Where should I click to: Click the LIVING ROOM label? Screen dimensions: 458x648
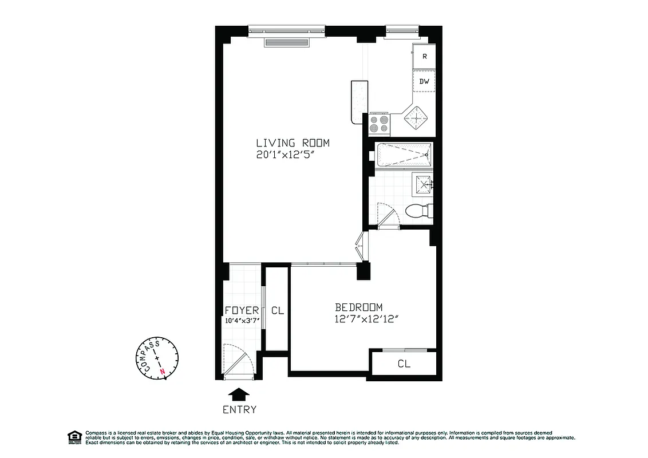[293, 143]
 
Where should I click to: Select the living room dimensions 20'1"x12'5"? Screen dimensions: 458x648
[293, 155]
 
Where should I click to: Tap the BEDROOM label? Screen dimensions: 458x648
[359, 307]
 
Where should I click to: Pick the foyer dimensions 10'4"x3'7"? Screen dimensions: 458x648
[243, 321]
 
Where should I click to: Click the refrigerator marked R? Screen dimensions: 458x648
[424, 56]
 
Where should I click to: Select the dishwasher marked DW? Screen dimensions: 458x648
[424, 81]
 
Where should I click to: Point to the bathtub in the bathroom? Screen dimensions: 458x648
[404, 155]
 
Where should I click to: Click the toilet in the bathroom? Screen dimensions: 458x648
[418, 211]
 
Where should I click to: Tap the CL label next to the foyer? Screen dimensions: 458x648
[278, 311]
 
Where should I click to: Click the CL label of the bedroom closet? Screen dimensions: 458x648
[404, 364]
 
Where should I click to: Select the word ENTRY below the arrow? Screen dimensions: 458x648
[239, 409]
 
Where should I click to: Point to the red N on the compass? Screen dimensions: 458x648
[164, 371]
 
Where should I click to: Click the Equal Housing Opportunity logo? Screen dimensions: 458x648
[73, 436]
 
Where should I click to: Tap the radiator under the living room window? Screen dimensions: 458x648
[286, 42]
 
